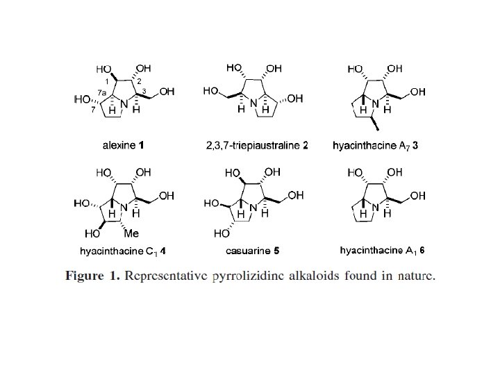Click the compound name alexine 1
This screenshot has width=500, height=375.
[122, 146]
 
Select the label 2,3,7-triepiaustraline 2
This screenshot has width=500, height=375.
[257, 146]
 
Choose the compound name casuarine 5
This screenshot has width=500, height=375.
[257, 251]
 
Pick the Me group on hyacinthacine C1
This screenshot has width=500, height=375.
[131, 233]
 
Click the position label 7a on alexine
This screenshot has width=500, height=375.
[101, 92]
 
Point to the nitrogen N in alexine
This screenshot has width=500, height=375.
[124, 105]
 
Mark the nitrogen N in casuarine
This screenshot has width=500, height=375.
[254, 208]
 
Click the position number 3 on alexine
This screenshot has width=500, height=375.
[143, 91]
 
